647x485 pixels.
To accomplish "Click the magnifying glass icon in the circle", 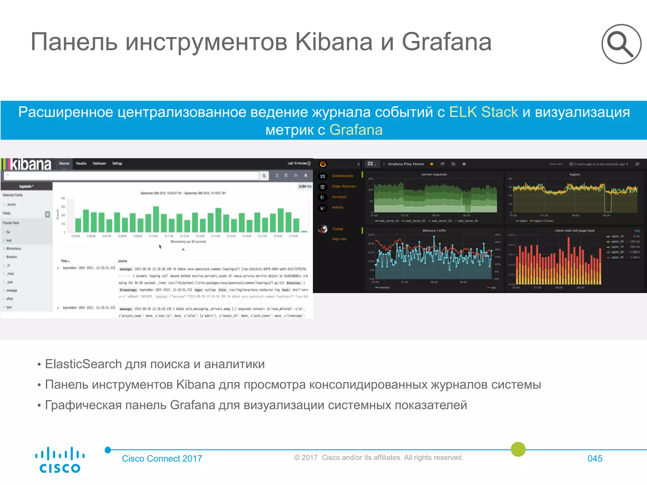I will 621,44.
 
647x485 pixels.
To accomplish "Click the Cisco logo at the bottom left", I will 60,460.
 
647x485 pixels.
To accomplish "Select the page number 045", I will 595,458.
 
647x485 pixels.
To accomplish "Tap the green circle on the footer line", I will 518,449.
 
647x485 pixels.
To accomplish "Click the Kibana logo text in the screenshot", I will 31,165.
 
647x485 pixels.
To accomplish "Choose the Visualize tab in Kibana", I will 81,164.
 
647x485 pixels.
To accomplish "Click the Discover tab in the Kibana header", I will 64,164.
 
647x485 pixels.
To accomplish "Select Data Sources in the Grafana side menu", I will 344,186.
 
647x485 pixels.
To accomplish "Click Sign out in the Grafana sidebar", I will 339,239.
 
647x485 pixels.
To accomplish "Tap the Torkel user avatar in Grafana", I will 323,229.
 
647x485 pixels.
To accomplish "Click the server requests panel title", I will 434,174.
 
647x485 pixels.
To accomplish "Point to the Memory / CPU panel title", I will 434,231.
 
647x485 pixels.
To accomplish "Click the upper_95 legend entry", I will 617,257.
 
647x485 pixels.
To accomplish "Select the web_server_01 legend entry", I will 389,221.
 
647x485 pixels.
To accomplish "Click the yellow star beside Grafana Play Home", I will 432,164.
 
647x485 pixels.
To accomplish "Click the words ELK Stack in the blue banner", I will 483,112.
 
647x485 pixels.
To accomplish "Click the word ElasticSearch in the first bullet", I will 83,364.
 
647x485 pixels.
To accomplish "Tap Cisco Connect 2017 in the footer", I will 162,458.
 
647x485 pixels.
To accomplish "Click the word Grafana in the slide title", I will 446,42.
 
